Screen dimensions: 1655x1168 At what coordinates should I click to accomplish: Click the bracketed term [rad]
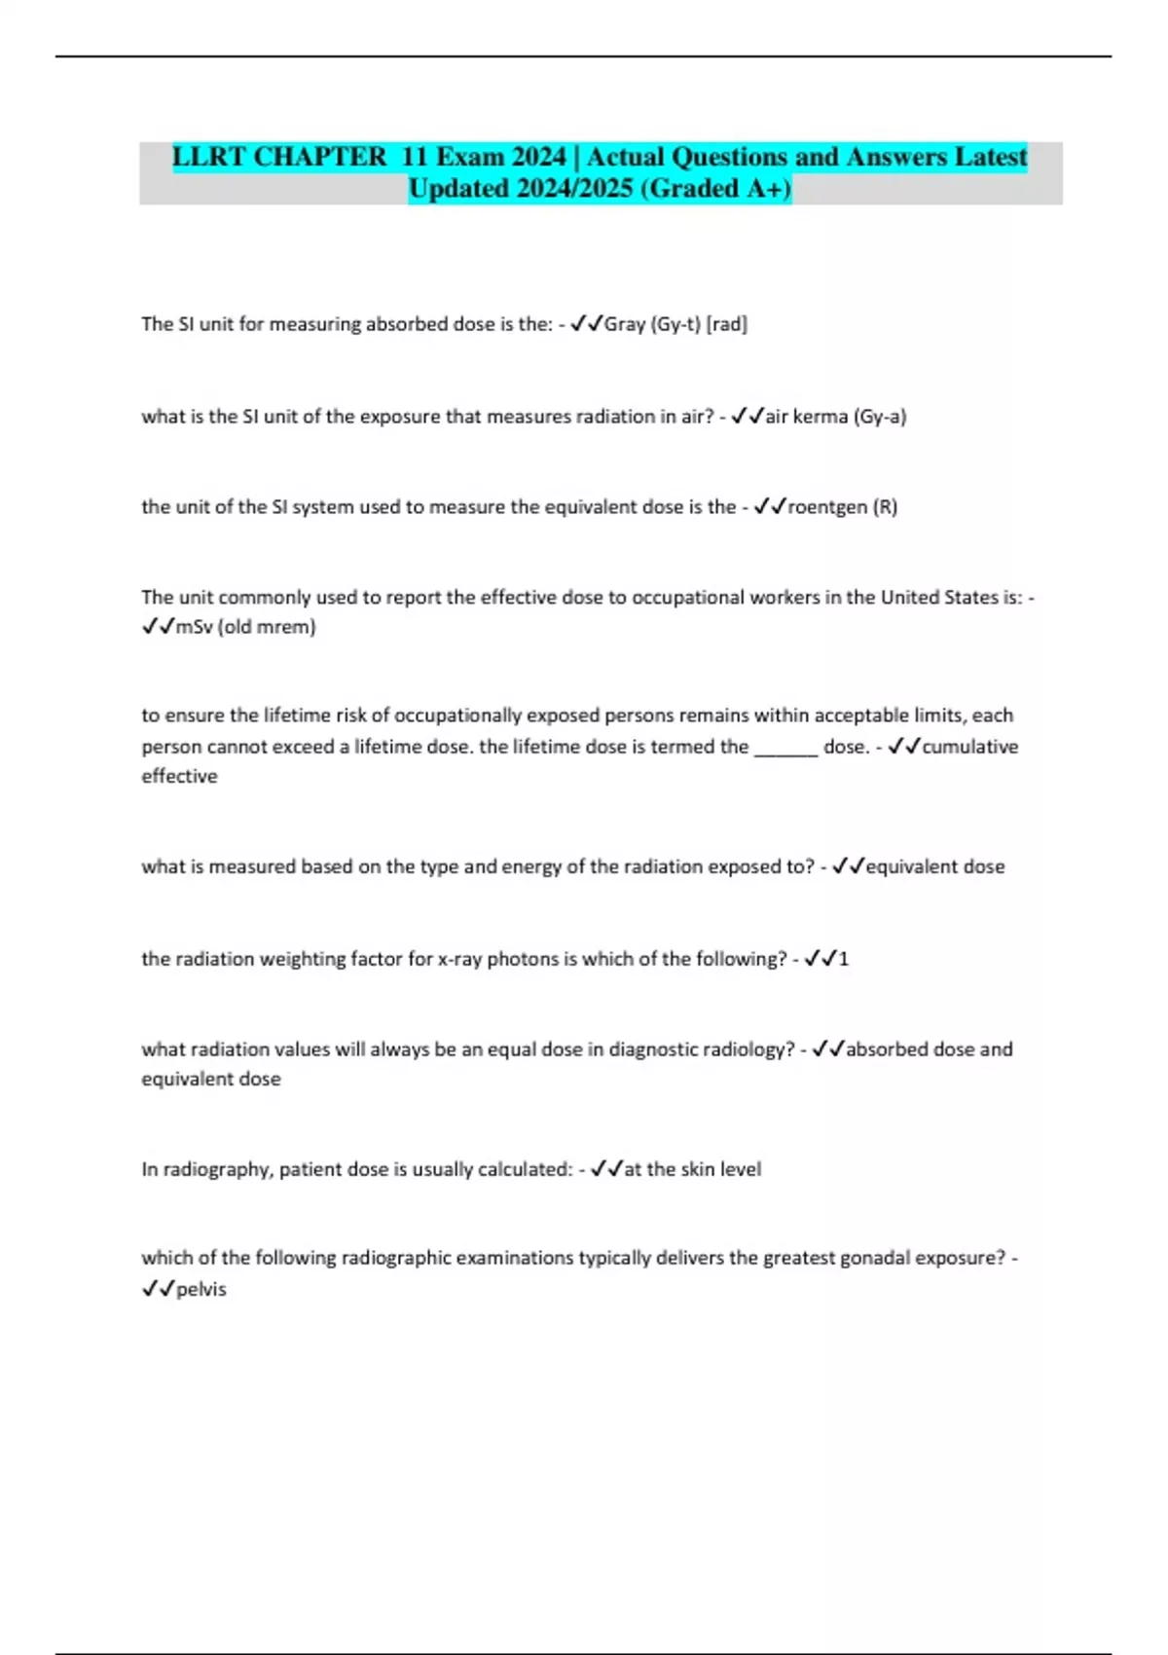pyautogui.click(x=727, y=324)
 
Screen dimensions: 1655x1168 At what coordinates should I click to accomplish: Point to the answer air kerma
pyautogui.click(x=807, y=417)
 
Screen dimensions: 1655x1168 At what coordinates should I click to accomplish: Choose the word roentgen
pyautogui.click(x=827, y=507)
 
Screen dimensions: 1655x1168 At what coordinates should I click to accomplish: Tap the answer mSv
pyautogui.click(x=194, y=627)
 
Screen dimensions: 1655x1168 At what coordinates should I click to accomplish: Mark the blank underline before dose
pyautogui.click(x=785, y=748)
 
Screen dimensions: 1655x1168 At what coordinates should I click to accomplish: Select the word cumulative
pyautogui.click(x=970, y=747)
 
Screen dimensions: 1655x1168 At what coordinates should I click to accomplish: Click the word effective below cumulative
pyautogui.click(x=180, y=777)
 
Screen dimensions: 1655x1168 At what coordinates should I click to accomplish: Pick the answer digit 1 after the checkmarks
pyautogui.click(x=844, y=959)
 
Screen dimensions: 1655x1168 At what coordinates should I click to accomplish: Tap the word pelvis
pyautogui.click(x=201, y=1289)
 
